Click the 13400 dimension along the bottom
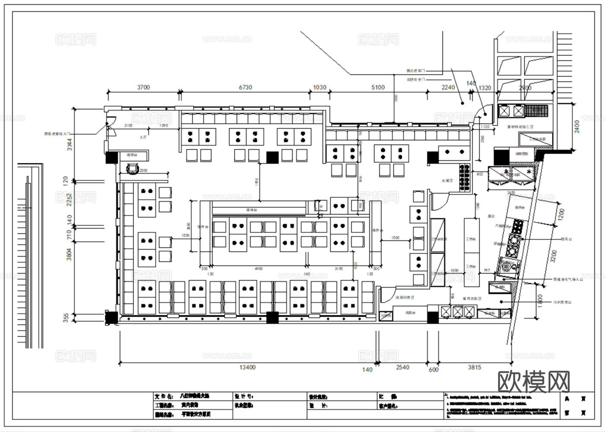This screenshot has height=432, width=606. [x=247, y=368]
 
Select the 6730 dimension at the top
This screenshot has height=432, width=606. [x=245, y=87]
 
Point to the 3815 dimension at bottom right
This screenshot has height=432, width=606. [x=474, y=368]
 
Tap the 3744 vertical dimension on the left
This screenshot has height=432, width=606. [x=70, y=141]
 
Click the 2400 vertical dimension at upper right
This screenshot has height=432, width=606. [x=577, y=127]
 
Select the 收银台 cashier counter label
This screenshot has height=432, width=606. [x=132, y=155]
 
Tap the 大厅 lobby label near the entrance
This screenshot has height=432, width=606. [x=143, y=137]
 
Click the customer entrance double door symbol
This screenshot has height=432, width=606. [x=108, y=128]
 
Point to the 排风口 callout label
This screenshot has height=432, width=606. [x=566, y=238]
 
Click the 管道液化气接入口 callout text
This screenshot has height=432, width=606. [x=568, y=280]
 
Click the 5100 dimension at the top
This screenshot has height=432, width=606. [x=378, y=87]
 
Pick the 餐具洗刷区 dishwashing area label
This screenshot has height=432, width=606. [x=472, y=299]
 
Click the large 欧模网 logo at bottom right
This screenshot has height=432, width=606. [x=533, y=381]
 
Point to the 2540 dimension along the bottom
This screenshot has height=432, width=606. [x=402, y=368]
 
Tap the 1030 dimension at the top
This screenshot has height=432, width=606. [x=320, y=87]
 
